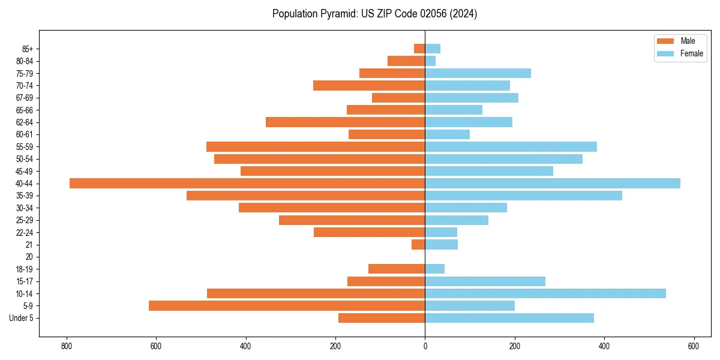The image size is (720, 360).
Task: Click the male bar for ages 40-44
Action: pyautogui.click(x=247, y=184)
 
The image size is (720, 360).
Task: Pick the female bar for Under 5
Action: pyautogui.click(x=509, y=318)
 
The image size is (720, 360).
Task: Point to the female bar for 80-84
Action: pyautogui.click(x=430, y=61)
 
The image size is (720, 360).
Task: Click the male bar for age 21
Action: pyautogui.click(x=418, y=245)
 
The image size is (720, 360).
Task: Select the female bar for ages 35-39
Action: pyautogui.click(x=524, y=196)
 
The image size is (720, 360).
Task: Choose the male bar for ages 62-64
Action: pyautogui.click(x=346, y=122)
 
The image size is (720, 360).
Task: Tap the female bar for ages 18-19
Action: pyautogui.click(x=435, y=269)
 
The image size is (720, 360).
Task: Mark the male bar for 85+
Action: pyautogui.click(x=419, y=49)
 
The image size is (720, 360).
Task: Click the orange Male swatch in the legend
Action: pyautogui.click(x=665, y=41)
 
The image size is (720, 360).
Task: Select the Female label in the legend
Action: pyautogui.click(x=692, y=53)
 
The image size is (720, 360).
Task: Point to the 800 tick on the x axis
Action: pyautogui.click(x=67, y=346)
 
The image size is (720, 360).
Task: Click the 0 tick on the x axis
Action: pyautogui.click(x=425, y=346)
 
